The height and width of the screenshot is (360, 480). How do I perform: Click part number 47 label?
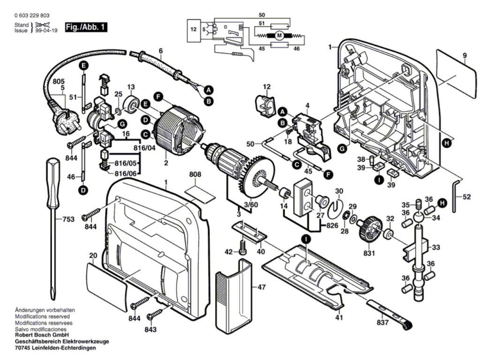coord(262,286)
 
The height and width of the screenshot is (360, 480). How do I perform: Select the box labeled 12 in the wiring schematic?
coord(194,29)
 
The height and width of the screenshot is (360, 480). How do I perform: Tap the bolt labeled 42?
coord(242,248)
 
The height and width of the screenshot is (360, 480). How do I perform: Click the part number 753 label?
coord(69,219)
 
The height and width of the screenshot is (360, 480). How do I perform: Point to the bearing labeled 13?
coord(131,103)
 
